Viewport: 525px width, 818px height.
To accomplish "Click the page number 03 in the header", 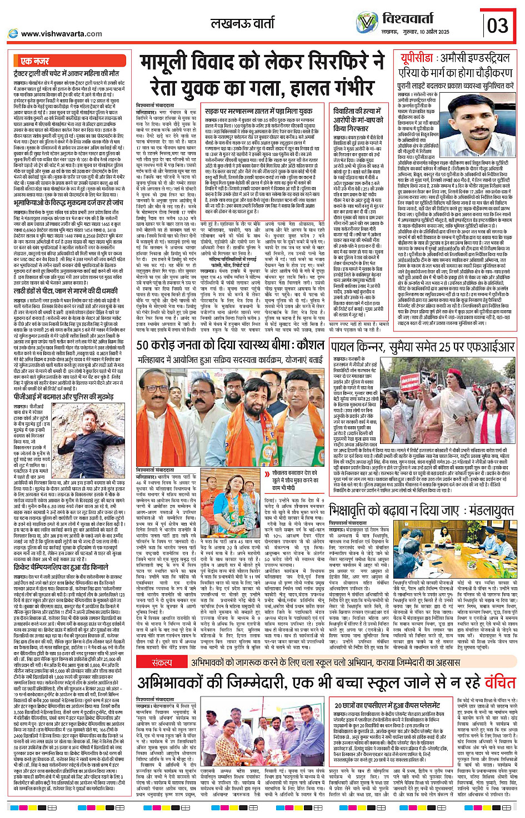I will (x=497, y=25).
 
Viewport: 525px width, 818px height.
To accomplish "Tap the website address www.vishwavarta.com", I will (x=61, y=33).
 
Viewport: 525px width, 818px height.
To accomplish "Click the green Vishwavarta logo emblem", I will (x=367, y=23).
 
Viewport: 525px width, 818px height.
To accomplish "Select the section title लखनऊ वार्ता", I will (x=243, y=24).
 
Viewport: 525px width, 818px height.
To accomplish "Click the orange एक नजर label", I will (x=35, y=60).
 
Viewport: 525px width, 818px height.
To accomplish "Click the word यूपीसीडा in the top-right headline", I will (x=417, y=59).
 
